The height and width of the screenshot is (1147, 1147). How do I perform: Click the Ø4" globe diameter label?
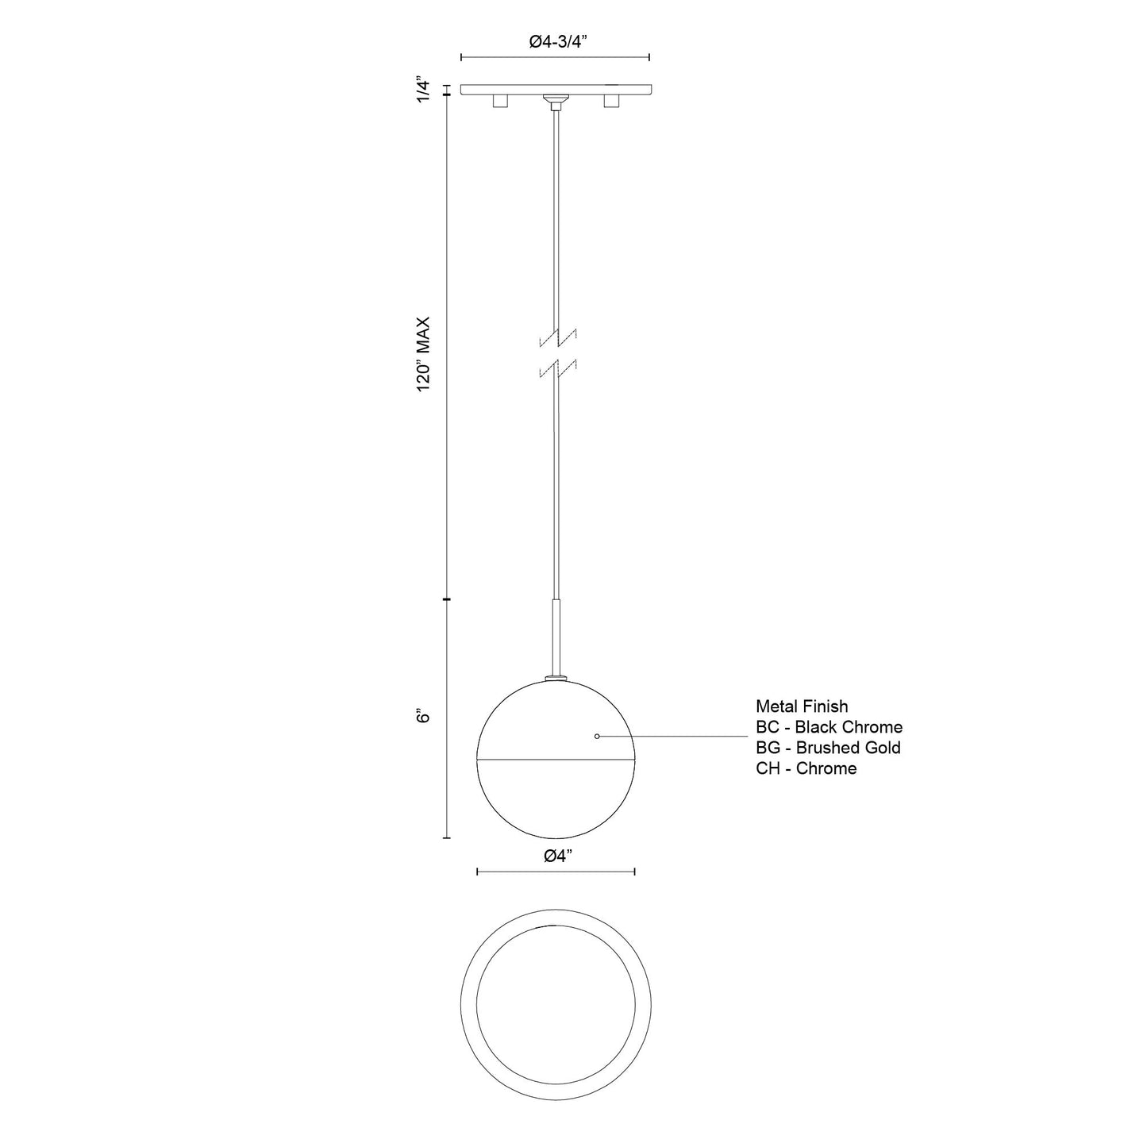click(556, 856)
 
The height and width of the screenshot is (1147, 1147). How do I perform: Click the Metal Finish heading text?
click(801, 706)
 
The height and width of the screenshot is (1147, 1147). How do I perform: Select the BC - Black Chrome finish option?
click(828, 726)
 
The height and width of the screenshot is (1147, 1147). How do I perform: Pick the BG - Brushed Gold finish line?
click(827, 747)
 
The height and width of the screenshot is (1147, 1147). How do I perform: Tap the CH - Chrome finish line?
click(806, 768)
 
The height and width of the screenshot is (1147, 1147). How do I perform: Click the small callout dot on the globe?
click(597, 737)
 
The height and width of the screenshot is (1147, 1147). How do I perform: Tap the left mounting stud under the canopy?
click(500, 101)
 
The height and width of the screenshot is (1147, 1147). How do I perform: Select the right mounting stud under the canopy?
click(611, 101)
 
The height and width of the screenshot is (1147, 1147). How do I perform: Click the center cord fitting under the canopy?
click(556, 101)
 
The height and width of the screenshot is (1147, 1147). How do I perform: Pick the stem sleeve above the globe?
click(556, 635)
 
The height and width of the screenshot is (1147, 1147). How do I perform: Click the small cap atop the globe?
click(556, 677)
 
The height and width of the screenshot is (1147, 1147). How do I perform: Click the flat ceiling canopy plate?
click(556, 88)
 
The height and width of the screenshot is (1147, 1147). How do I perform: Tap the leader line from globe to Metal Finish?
click(675, 737)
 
